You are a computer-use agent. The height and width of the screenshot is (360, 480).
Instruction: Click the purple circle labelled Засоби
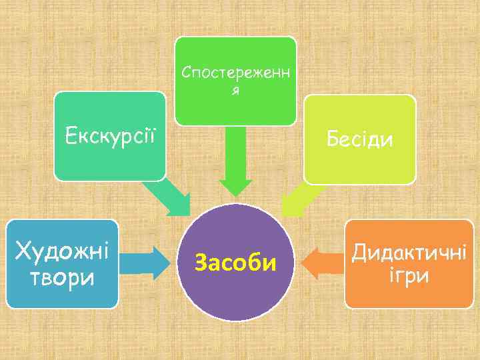[x=235, y=293]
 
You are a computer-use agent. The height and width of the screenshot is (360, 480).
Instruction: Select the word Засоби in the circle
[x=235, y=263]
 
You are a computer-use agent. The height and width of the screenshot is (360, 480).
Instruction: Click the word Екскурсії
[x=109, y=137]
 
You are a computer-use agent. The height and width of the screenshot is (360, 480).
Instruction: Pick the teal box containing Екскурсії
[x=109, y=163]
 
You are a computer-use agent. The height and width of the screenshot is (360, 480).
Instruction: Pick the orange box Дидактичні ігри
[x=409, y=297]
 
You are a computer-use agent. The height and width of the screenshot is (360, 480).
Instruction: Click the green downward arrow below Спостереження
[x=235, y=163]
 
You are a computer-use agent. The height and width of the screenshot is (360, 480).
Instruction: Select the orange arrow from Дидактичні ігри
[x=323, y=263]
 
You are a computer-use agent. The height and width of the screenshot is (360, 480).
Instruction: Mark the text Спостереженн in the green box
[x=235, y=72]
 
